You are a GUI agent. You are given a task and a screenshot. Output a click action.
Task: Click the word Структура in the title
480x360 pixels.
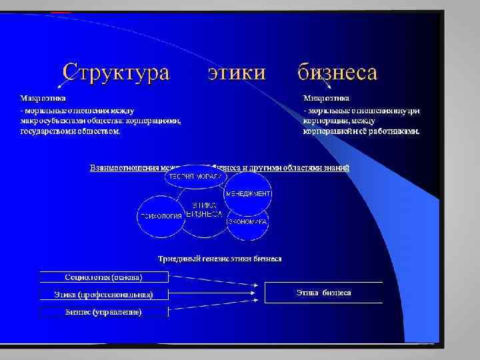(x=116, y=71)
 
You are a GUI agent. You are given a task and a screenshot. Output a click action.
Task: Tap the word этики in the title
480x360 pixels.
(x=236, y=72)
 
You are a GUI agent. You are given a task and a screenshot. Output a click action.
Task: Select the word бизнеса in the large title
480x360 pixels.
(x=337, y=71)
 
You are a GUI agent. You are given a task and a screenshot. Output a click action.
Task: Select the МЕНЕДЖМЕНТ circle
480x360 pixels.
(x=247, y=193)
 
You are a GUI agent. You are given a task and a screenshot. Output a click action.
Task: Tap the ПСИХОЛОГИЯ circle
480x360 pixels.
(x=160, y=216)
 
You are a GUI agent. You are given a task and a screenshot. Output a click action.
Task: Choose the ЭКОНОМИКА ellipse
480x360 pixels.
(x=247, y=221)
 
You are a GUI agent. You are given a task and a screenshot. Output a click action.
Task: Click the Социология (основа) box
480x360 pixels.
(x=103, y=277)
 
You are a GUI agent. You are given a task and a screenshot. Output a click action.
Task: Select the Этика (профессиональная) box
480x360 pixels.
(x=103, y=294)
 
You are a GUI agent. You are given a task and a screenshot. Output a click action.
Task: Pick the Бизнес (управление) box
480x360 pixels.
(x=103, y=311)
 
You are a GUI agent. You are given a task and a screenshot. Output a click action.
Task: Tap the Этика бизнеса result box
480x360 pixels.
(x=324, y=293)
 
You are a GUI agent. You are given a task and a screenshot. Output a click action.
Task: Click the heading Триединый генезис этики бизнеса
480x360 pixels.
(x=219, y=257)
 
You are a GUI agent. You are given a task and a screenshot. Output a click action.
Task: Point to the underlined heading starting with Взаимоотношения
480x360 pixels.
(x=219, y=167)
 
